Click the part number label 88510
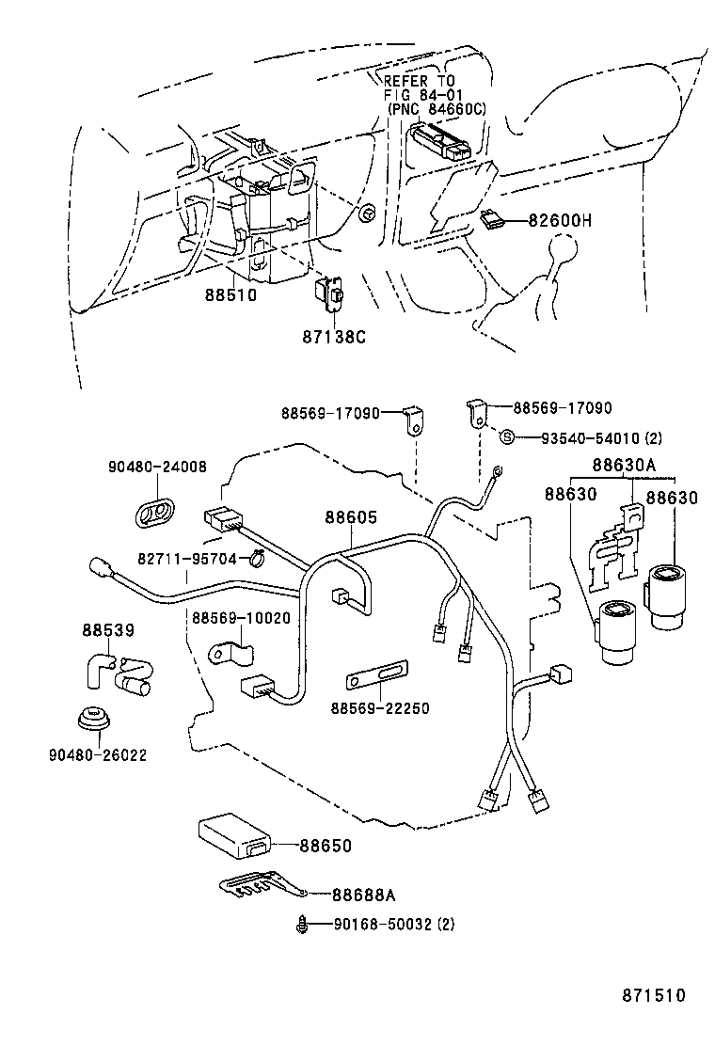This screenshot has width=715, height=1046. pos(230,294)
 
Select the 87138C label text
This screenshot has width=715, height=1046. pos(333,336)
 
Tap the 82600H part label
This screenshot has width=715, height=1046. pos(560,221)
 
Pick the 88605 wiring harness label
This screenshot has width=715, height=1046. pos(351,517)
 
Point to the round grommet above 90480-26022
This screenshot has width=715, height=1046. pos(93,720)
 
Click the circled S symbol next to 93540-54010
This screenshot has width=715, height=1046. pos(506,437)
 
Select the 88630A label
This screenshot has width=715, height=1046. pos(623,465)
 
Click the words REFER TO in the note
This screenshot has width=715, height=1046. pos(419,81)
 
